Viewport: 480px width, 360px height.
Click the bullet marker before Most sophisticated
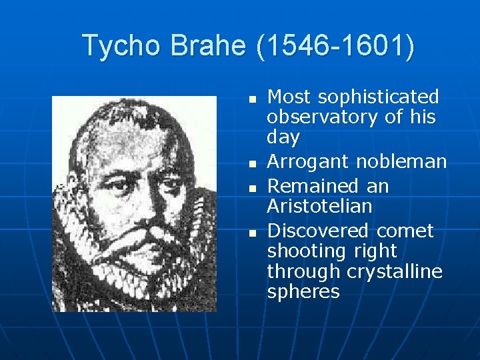coord(251,99)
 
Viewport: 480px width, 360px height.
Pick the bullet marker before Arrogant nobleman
coord(251,163)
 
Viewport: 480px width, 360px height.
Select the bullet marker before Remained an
coord(251,187)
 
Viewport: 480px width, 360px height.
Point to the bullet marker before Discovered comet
coord(251,233)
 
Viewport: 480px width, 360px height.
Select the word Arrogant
coord(308,162)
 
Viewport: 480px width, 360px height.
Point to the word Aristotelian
coord(319,207)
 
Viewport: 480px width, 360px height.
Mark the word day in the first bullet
coord(283,138)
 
